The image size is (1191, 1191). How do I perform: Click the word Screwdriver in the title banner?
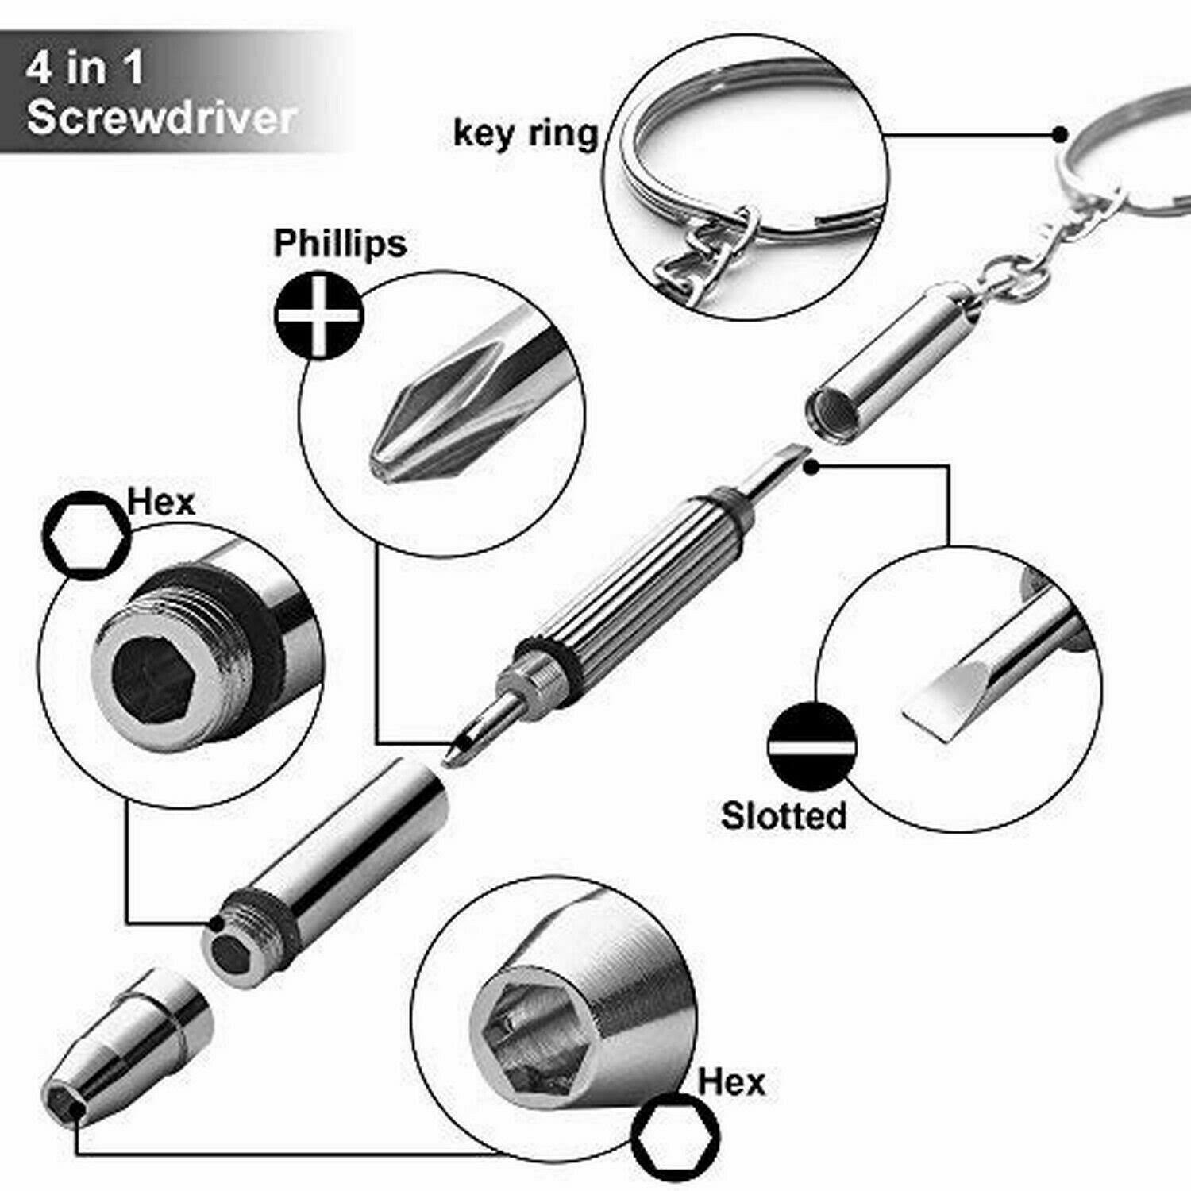tap(161, 118)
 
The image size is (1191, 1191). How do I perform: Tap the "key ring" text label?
tap(525, 133)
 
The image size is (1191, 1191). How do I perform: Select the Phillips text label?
tap(340, 243)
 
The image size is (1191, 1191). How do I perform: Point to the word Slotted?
tap(784, 815)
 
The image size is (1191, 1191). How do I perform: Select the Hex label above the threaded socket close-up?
tap(161, 502)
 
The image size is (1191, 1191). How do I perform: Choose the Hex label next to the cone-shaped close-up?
tap(731, 1081)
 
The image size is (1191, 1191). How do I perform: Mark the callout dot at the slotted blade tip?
tap(810, 468)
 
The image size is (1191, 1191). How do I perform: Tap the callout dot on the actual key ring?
tap(1060, 134)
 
